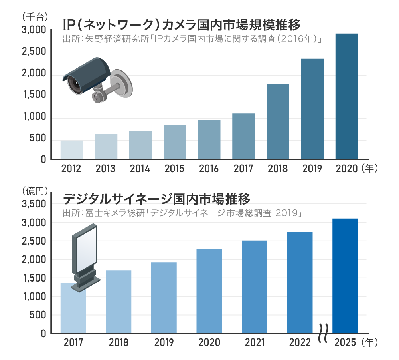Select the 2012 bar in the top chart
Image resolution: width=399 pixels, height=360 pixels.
(x=72, y=150)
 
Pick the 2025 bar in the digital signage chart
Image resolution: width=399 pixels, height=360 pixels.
(x=345, y=276)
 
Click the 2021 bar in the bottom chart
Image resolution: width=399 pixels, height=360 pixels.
(x=254, y=286)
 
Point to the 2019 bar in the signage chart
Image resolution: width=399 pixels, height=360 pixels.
(x=164, y=298)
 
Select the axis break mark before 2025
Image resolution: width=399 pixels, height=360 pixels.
(x=324, y=333)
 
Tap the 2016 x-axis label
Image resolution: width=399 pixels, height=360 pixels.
(x=209, y=169)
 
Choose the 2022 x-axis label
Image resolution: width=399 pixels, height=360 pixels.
(x=300, y=343)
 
